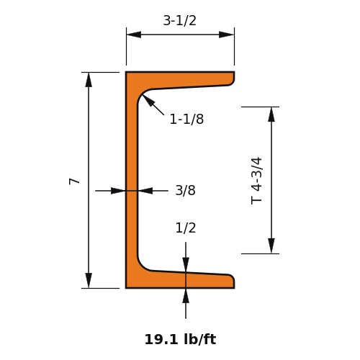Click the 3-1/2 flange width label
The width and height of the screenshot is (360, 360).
pos(180,20)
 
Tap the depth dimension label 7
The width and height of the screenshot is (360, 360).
pos(74,181)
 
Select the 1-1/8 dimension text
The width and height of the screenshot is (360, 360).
pos(186,119)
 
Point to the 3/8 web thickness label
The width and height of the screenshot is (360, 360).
pos(185,190)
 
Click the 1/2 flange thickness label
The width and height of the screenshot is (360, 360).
pos(186,228)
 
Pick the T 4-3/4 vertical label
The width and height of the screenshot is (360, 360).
pos(256,181)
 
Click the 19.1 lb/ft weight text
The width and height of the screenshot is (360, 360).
pos(180,339)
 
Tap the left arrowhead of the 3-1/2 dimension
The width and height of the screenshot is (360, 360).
pos(134,35)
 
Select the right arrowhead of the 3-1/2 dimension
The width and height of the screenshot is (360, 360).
pos(226,35)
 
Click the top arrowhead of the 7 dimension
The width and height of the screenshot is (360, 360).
pos(89,80)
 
